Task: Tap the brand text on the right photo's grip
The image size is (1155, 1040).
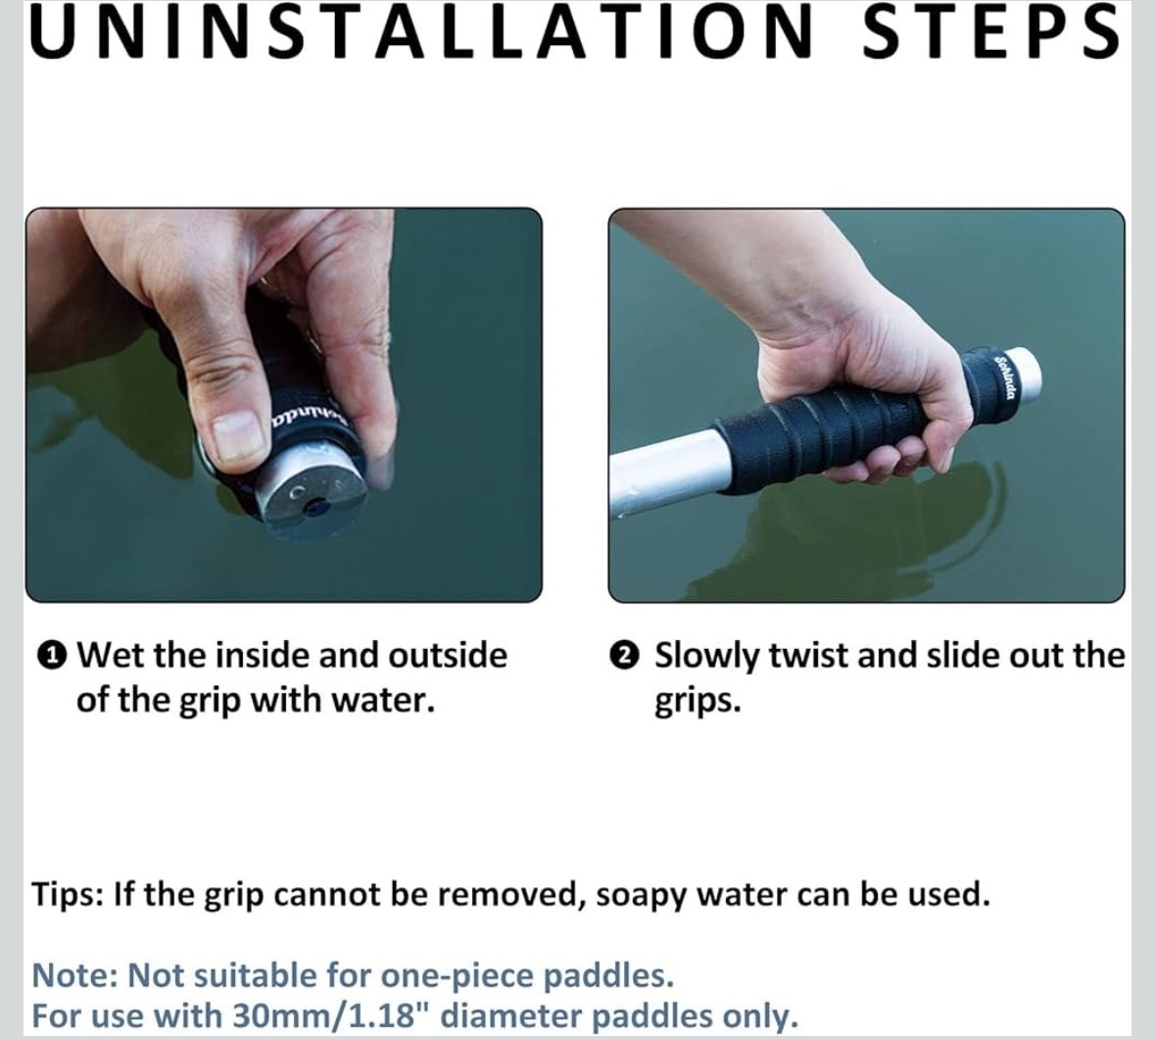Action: tap(1005, 375)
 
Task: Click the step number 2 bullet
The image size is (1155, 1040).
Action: tap(624, 655)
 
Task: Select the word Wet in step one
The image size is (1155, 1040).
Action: tap(105, 655)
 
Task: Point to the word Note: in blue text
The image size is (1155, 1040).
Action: tap(75, 976)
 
